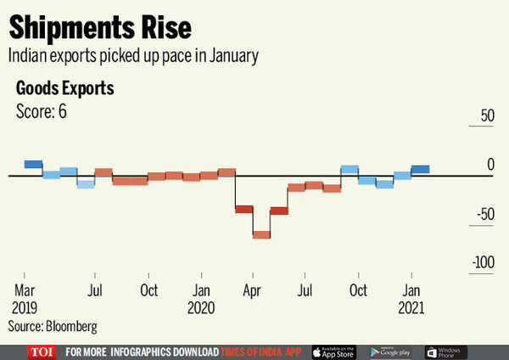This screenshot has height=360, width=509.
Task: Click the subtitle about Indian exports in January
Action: click(x=134, y=56)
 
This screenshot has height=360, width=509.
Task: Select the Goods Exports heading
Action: click(x=65, y=88)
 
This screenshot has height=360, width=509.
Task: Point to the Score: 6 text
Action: click(x=42, y=111)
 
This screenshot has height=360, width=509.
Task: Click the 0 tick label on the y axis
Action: click(x=489, y=164)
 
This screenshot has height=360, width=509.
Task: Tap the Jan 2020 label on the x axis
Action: click(x=201, y=297)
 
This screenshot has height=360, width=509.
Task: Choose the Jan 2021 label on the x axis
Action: click(x=411, y=297)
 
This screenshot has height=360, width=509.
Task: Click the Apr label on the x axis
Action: click(x=252, y=290)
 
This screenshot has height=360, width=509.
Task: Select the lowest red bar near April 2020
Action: click(x=261, y=234)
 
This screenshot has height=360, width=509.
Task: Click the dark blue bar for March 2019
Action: click(x=33, y=164)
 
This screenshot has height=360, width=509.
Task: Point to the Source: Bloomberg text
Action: click(x=53, y=325)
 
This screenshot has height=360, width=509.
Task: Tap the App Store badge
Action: click(x=333, y=352)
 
